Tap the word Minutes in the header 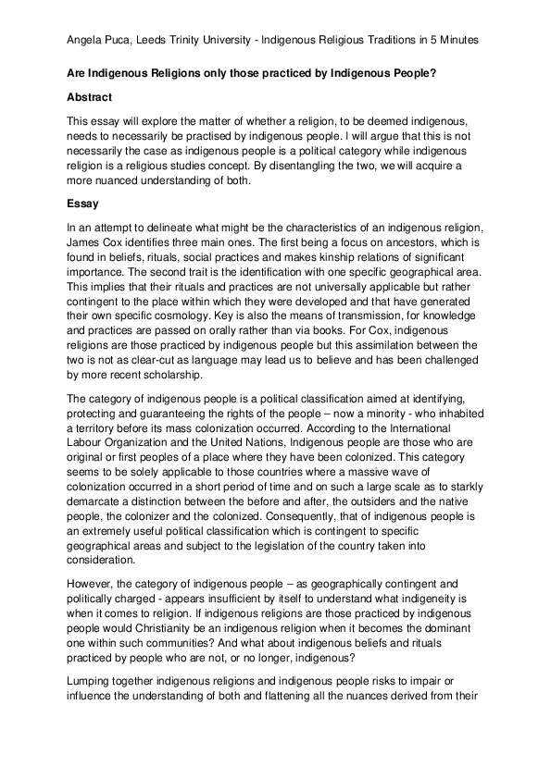point(456,41)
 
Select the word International point(431,430)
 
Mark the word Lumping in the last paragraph point(92,684)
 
